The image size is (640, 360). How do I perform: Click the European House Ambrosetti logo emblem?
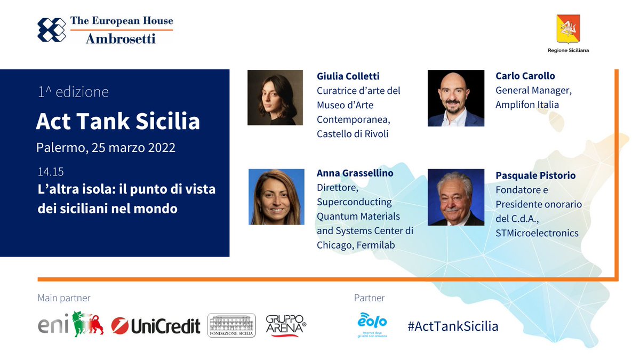[51, 30]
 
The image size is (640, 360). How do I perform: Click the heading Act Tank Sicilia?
[118, 122]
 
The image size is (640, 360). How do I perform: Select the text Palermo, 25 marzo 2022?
[106, 148]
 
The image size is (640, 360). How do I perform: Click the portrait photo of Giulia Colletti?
[275, 98]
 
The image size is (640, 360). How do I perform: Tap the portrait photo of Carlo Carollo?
[455, 98]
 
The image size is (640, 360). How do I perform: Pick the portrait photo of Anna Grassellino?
[276, 197]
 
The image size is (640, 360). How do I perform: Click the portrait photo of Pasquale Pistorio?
[455, 197]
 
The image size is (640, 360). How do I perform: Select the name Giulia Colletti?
[348, 76]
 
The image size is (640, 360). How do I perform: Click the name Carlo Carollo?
[525, 76]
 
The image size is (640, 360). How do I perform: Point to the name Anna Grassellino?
[355, 173]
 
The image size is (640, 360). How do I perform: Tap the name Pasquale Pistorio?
[535, 175]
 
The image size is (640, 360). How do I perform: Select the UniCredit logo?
[156, 325]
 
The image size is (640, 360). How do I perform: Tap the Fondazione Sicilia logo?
[231, 325]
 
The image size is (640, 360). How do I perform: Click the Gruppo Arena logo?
[286, 325]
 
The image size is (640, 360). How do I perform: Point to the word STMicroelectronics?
[537, 233]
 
